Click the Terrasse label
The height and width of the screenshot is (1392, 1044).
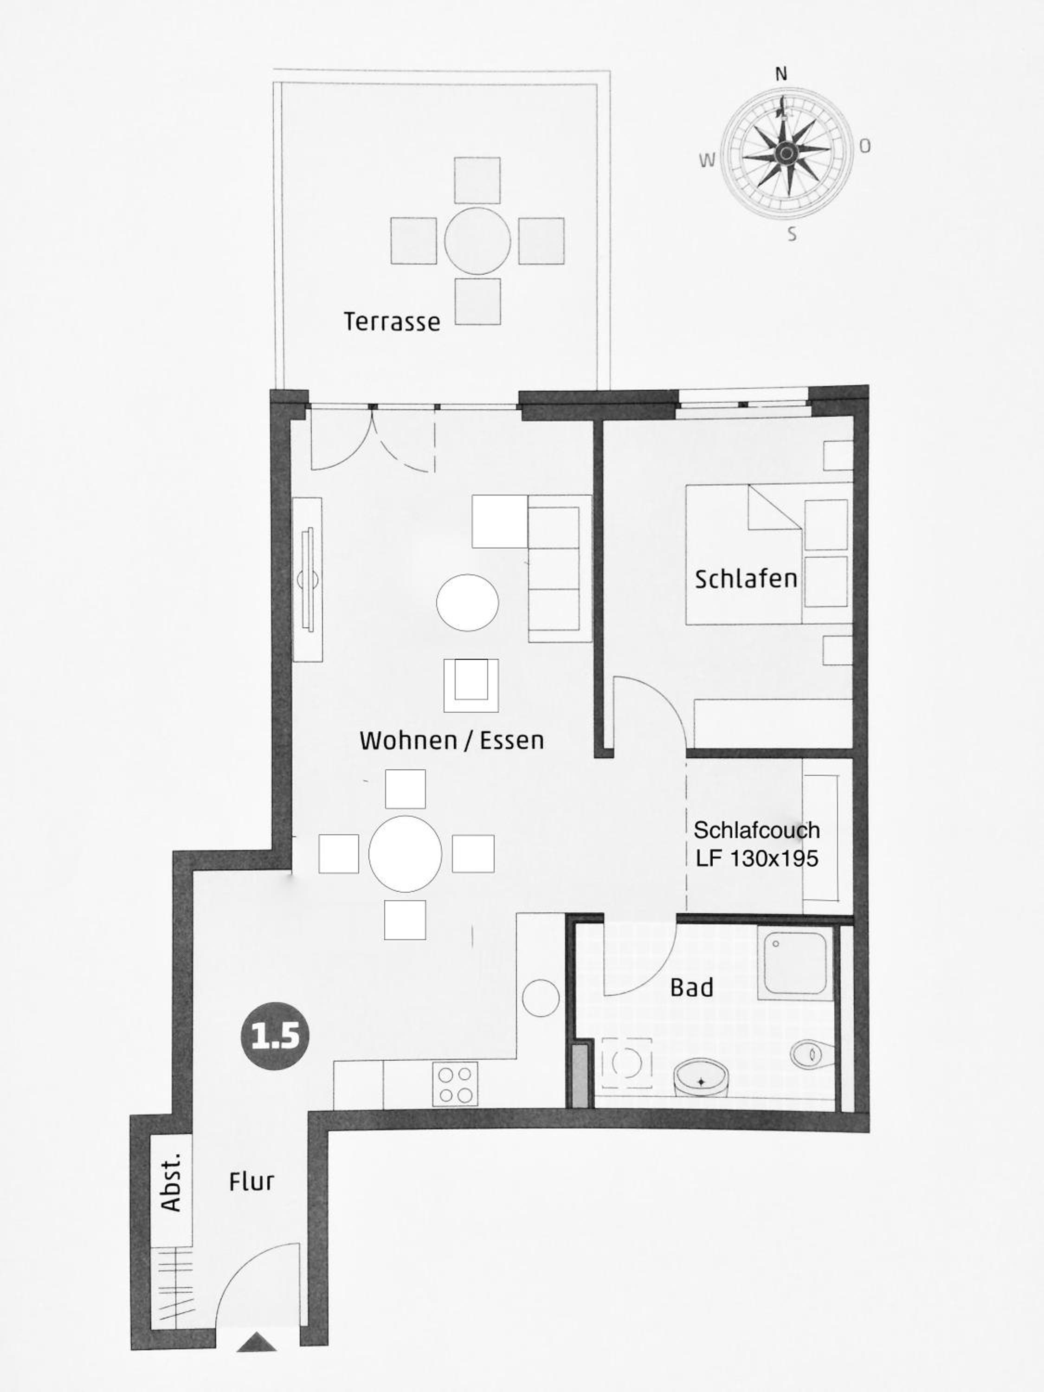pos(392,322)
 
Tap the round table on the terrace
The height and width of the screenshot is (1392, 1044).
pos(477,240)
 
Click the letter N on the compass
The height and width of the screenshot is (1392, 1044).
pos(781,74)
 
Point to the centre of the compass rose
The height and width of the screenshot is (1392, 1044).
pos(786,152)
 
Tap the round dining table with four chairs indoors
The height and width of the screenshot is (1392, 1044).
pos(405,854)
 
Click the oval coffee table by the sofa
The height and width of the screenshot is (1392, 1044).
pos(468,602)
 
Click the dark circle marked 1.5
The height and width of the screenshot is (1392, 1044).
pos(276,1036)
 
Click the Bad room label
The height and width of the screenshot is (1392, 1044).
pos(692,987)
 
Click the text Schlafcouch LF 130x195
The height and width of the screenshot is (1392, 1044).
pos(756,844)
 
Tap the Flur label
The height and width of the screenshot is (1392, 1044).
pos(251,1182)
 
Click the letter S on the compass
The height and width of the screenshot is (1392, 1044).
pos(793,235)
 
